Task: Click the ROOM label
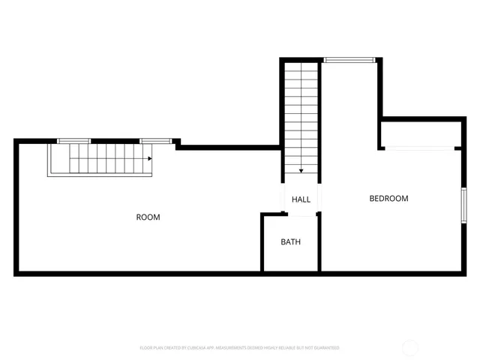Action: click(x=148, y=217)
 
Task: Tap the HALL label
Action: click(x=301, y=199)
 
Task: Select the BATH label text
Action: click(x=290, y=242)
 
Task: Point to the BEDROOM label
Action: click(x=388, y=199)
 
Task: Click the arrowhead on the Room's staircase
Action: click(x=150, y=158)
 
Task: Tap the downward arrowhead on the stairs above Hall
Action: click(x=301, y=171)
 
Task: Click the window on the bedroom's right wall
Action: click(x=463, y=203)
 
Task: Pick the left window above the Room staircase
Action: click(x=74, y=141)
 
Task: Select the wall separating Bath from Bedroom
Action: click(x=320, y=244)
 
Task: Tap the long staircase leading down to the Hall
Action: click(x=301, y=116)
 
